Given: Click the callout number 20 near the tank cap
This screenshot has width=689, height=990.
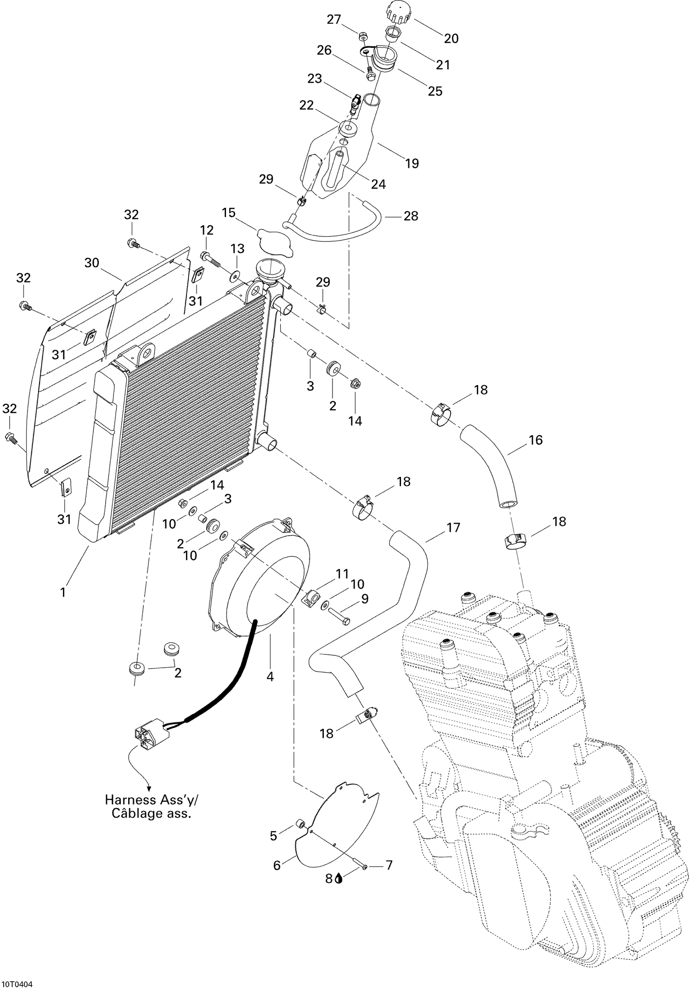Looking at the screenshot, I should (451, 39).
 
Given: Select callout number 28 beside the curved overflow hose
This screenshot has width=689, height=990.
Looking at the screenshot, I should (411, 216).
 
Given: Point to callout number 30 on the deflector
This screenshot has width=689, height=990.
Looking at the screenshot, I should (92, 263).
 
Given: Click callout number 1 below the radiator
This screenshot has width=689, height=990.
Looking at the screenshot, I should (63, 592).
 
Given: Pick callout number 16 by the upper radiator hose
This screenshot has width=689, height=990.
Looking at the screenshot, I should (536, 440).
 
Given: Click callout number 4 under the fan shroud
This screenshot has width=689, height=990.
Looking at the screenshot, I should (270, 676).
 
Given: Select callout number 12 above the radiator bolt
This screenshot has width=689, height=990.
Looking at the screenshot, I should (207, 230).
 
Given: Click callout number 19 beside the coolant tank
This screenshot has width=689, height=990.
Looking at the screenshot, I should (412, 163).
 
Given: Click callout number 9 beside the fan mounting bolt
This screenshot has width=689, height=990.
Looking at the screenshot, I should (365, 599).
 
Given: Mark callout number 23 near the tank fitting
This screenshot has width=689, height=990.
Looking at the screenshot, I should (315, 79).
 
